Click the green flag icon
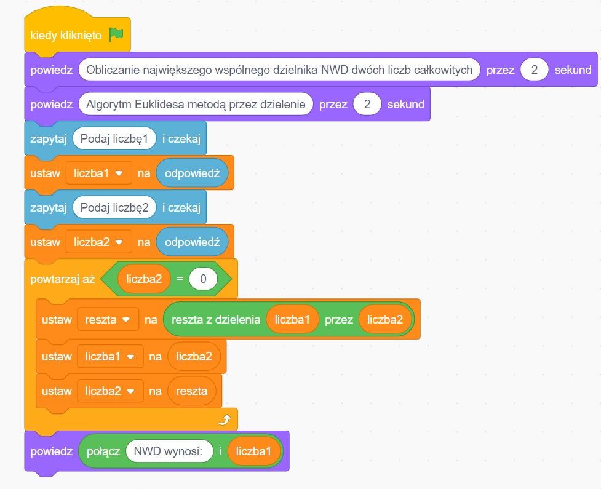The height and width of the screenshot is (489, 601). [x=116, y=35]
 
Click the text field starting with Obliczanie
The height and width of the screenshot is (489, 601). [x=279, y=70]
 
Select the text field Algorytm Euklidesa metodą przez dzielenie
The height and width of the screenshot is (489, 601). [x=196, y=104]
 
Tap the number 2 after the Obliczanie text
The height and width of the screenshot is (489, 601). [x=535, y=70]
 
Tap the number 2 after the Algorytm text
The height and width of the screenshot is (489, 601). [x=367, y=104]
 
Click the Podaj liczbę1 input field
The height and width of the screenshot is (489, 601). [x=114, y=138]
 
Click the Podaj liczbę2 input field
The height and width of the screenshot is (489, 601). [x=114, y=207]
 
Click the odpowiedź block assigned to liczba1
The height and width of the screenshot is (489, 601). [x=192, y=173]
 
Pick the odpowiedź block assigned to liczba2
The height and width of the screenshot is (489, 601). [x=192, y=242]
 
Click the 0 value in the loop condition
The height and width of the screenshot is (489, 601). [x=202, y=279]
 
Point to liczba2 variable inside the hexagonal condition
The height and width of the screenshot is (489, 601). [x=144, y=279]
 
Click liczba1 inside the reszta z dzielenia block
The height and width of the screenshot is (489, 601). [x=292, y=320]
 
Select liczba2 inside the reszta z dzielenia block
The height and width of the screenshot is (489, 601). [x=385, y=320]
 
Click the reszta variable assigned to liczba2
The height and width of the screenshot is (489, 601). [x=191, y=391]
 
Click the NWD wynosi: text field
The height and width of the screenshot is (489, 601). [x=169, y=451]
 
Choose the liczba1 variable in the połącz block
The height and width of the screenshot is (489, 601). [x=254, y=451]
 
